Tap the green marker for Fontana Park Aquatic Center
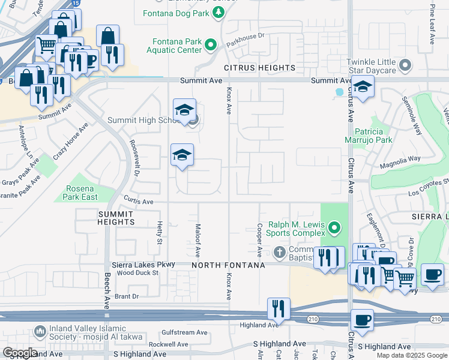click(x=211, y=44)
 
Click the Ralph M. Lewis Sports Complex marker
click(x=335, y=227)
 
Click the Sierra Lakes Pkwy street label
click(x=143, y=264)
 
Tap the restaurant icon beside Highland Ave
click(x=279, y=308)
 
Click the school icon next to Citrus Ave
click(x=363, y=88)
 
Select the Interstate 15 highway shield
click(x=74, y=4)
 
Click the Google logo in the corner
click(x=19, y=353)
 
